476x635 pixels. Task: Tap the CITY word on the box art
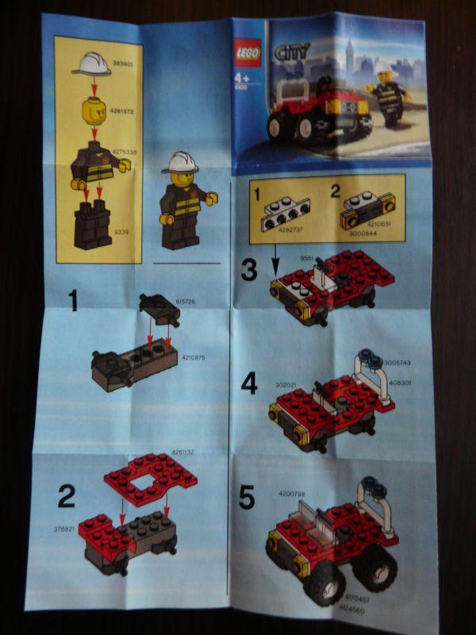pyautogui.click(x=290, y=54)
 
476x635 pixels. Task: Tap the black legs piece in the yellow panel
pyautogui.click(x=93, y=225)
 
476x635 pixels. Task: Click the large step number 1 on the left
pyautogui.click(x=74, y=302)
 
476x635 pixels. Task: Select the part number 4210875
pyautogui.click(x=194, y=358)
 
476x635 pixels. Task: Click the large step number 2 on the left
pyautogui.click(x=67, y=496)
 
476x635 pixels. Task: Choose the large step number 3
pyautogui.click(x=249, y=271)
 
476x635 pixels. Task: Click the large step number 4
pyautogui.click(x=249, y=384)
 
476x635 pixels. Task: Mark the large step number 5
pyautogui.click(x=248, y=498)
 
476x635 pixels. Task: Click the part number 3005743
pyautogui.click(x=397, y=362)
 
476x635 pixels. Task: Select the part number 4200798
pyautogui.click(x=291, y=494)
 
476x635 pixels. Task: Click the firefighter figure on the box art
pyautogui.click(x=389, y=95)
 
